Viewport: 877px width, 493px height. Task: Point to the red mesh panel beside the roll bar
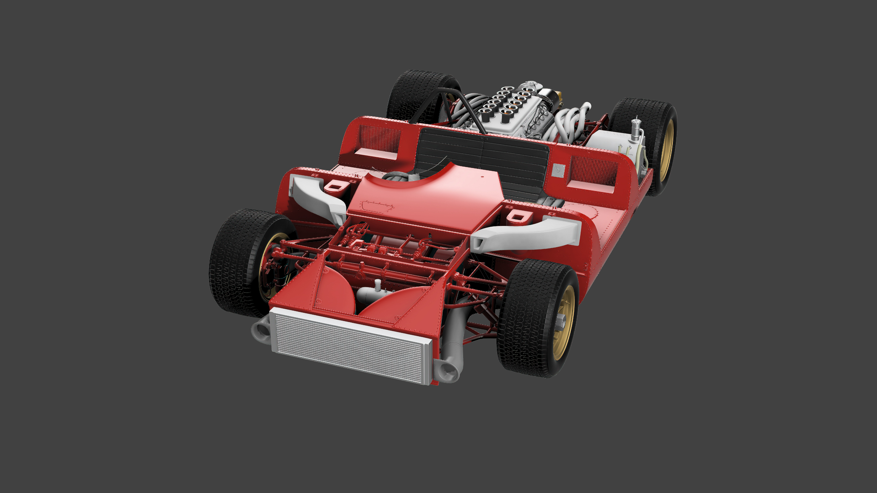tap(380, 138)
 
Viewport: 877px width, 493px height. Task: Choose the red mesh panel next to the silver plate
tap(592, 172)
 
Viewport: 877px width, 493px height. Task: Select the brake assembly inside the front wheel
tap(274, 269)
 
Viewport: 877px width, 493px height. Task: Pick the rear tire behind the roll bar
tap(417, 94)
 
